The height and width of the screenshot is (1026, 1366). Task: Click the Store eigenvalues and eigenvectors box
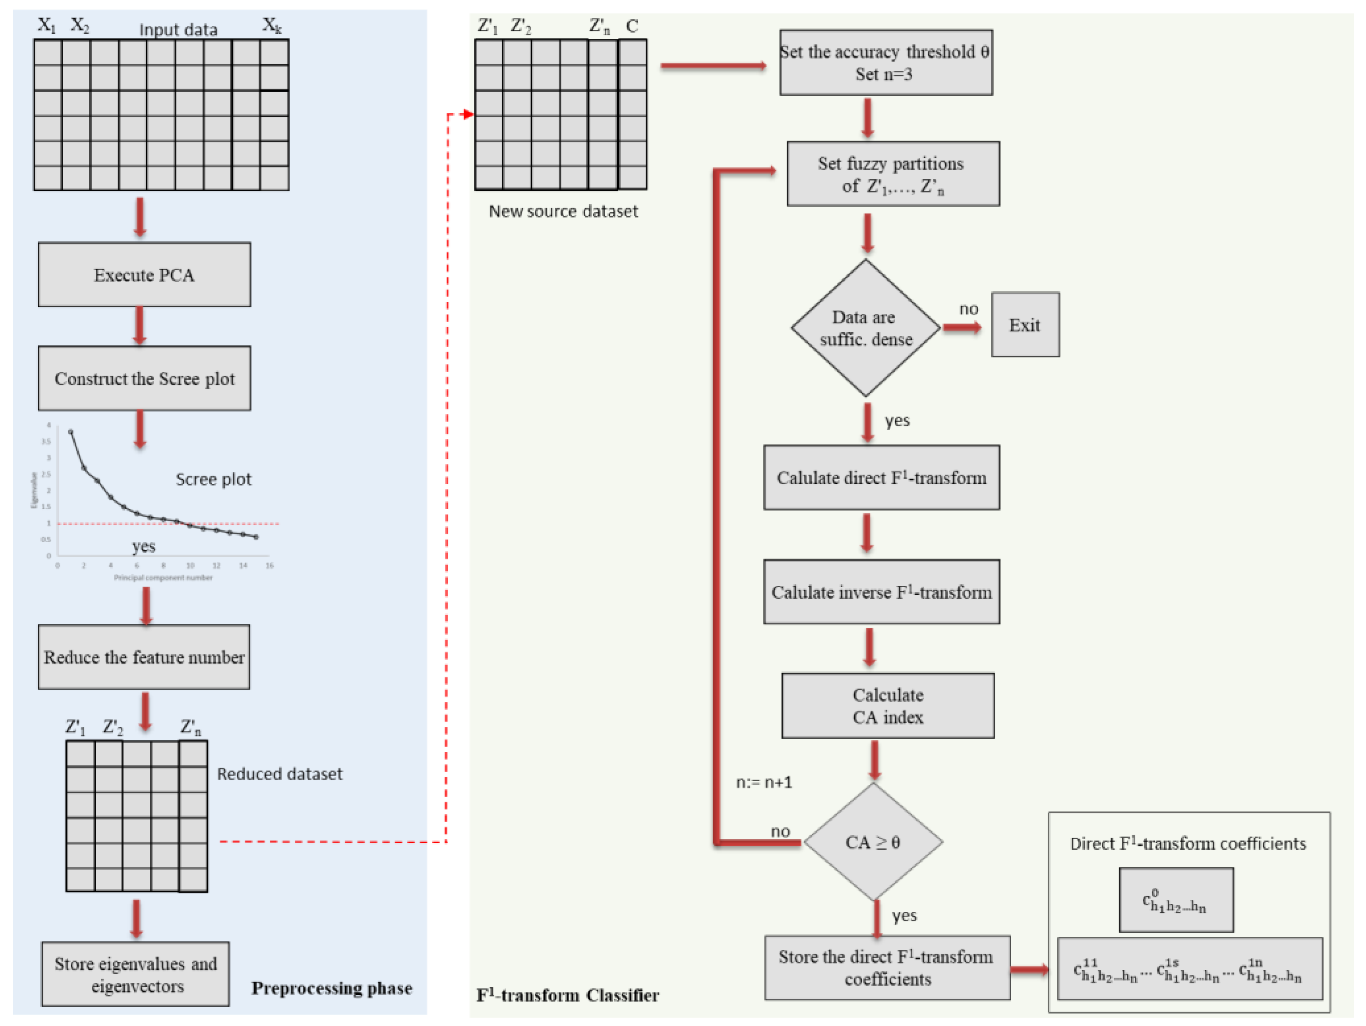tap(135, 974)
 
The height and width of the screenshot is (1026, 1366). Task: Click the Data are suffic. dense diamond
tap(865, 328)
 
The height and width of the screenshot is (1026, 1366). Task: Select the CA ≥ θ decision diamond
tap(873, 842)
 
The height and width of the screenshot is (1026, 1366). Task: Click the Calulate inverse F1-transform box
tap(881, 592)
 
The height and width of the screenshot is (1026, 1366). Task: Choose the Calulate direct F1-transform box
tap(881, 478)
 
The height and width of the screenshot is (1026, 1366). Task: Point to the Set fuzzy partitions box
tap(893, 174)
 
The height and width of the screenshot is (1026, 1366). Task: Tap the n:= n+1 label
tap(764, 782)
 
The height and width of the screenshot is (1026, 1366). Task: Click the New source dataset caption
tap(563, 211)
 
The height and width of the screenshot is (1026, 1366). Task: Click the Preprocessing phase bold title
tap(332, 988)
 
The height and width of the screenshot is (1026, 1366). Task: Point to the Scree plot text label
tap(213, 479)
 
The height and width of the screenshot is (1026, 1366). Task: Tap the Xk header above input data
tap(272, 25)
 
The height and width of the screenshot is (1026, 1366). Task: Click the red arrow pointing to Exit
tap(962, 327)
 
